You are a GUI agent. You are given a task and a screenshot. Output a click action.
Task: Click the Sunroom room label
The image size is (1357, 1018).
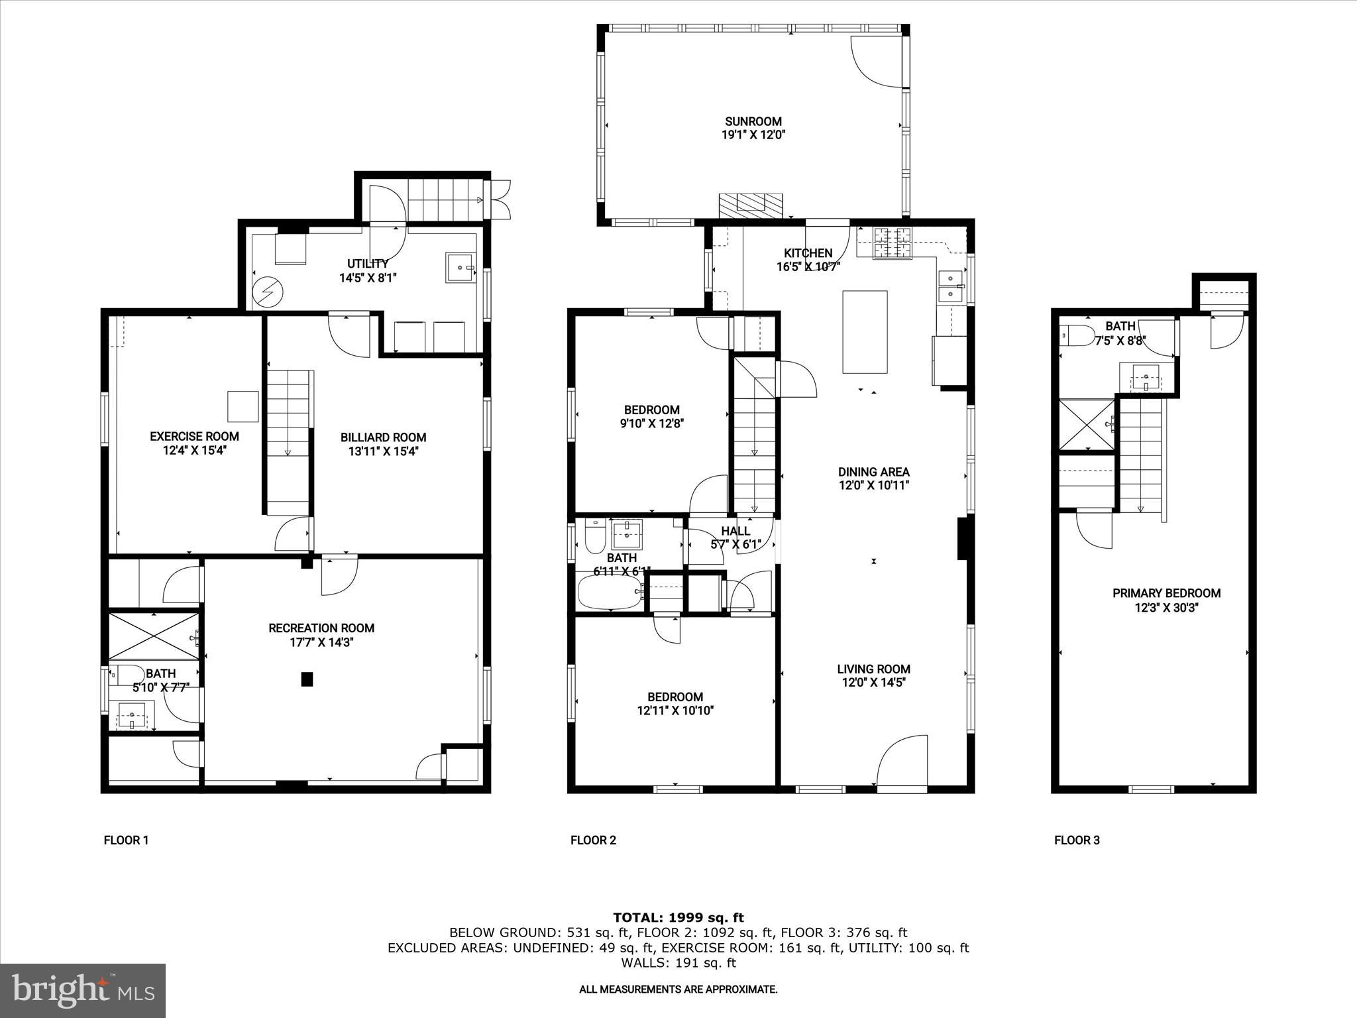[x=753, y=121]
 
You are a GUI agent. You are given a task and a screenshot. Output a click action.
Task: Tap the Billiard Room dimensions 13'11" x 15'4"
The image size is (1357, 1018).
[x=383, y=451]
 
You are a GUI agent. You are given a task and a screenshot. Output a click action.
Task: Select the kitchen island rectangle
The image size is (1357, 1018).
[x=865, y=332]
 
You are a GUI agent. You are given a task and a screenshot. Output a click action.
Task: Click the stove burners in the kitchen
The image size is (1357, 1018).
[x=893, y=243]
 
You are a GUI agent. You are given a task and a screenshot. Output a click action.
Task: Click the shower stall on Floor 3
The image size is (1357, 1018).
[x=1087, y=424]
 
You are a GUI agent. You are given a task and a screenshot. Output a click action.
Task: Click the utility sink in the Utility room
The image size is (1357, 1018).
[x=461, y=267]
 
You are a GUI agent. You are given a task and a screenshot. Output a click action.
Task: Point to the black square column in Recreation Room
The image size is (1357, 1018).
[x=307, y=679]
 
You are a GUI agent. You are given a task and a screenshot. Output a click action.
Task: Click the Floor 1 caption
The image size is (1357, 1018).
[x=126, y=840]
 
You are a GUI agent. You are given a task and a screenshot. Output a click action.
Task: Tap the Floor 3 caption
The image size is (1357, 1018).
[x=1077, y=840]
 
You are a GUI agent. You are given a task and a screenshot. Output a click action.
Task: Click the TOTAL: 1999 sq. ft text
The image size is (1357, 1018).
[x=678, y=917]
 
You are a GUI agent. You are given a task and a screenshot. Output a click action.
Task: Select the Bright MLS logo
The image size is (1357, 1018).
[x=83, y=990]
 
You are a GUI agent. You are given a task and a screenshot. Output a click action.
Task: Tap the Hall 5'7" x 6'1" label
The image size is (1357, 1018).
[x=735, y=537]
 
